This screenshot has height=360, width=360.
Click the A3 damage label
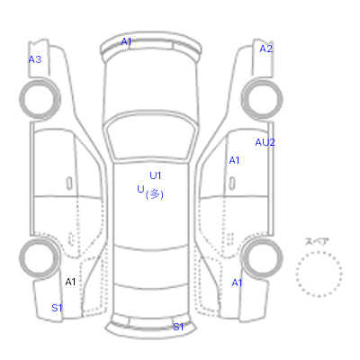(x=35, y=59)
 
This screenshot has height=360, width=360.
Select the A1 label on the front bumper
(x=126, y=41)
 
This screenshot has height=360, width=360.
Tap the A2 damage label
(x=265, y=49)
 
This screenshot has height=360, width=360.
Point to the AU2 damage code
(x=265, y=142)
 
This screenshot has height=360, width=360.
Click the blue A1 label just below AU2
(x=234, y=160)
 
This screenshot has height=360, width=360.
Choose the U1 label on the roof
(x=156, y=175)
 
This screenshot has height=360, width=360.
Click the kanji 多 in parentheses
(x=155, y=194)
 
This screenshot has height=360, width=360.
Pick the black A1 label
(x=70, y=282)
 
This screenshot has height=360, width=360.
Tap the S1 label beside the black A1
(x=57, y=308)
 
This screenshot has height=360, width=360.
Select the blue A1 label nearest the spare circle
(x=237, y=283)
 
